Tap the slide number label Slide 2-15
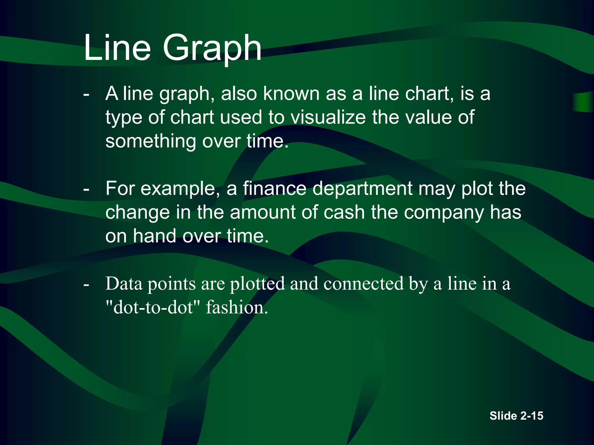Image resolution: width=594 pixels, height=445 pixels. click(x=516, y=416)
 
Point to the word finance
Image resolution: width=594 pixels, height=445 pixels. click(x=274, y=189)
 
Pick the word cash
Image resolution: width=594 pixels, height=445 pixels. click(x=344, y=212)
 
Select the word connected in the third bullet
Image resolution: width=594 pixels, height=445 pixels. click(x=363, y=284)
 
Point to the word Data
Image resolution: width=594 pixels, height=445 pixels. click(x=124, y=284)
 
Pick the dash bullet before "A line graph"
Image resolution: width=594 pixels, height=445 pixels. click(x=86, y=94)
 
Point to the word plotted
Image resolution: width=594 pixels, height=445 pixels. click(x=257, y=284)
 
